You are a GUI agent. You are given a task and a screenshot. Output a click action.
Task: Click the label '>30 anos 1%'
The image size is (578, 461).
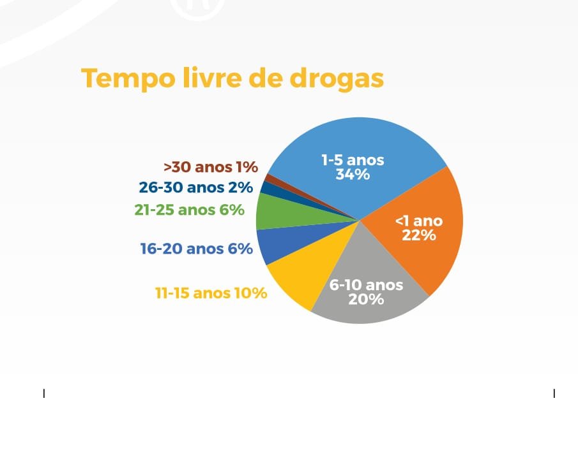pyautogui.click(x=211, y=167)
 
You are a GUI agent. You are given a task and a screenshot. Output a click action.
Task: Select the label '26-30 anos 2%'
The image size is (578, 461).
pyautogui.click(x=195, y=187)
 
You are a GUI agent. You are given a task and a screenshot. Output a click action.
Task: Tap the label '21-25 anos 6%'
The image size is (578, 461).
pyautogui.click(x=190, y=210)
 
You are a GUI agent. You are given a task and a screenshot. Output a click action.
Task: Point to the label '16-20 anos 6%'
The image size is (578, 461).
pyautogui.click(x=197, y=249)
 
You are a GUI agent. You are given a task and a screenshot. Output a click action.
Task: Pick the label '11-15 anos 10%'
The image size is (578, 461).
pyautogui.click(x=211, y=293)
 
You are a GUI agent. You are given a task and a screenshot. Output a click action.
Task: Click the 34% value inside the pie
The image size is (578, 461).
pyautogui.click(x=353, y=175)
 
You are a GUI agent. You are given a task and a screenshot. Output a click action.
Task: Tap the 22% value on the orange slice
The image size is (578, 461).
pyautogui.click(x=419, y=235)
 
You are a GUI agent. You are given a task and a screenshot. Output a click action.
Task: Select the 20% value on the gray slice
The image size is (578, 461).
pyautogui.click(x=366, y=299)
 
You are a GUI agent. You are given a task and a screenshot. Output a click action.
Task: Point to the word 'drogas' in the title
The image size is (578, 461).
pyautogui.click(x=337, y=78)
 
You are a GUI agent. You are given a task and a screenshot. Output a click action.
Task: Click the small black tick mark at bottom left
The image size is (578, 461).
pyautogui.click(x=44, y=393)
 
